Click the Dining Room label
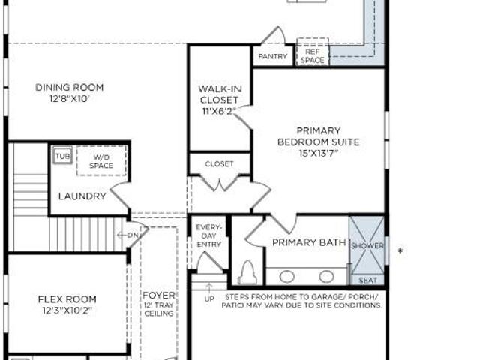point(70,87)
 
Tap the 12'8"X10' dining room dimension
point(70,99)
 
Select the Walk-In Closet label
point(220,94)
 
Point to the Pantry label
point(273,56)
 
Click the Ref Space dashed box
point(313,52)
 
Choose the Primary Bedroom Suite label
point(319,136)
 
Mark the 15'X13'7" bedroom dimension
point(319,153)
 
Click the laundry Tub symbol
point(62,156)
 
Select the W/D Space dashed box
point(101,161)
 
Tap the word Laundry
point(82,196)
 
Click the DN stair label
point(133,235)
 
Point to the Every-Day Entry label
point(208,235)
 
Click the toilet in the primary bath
point(247,272)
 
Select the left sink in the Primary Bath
point(286,277)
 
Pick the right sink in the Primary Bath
point(327,276)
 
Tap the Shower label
point(367,246)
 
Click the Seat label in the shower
point(368,280)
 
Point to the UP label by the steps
point(209,298)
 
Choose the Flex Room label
point(67,298)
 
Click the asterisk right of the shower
point(400,250)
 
